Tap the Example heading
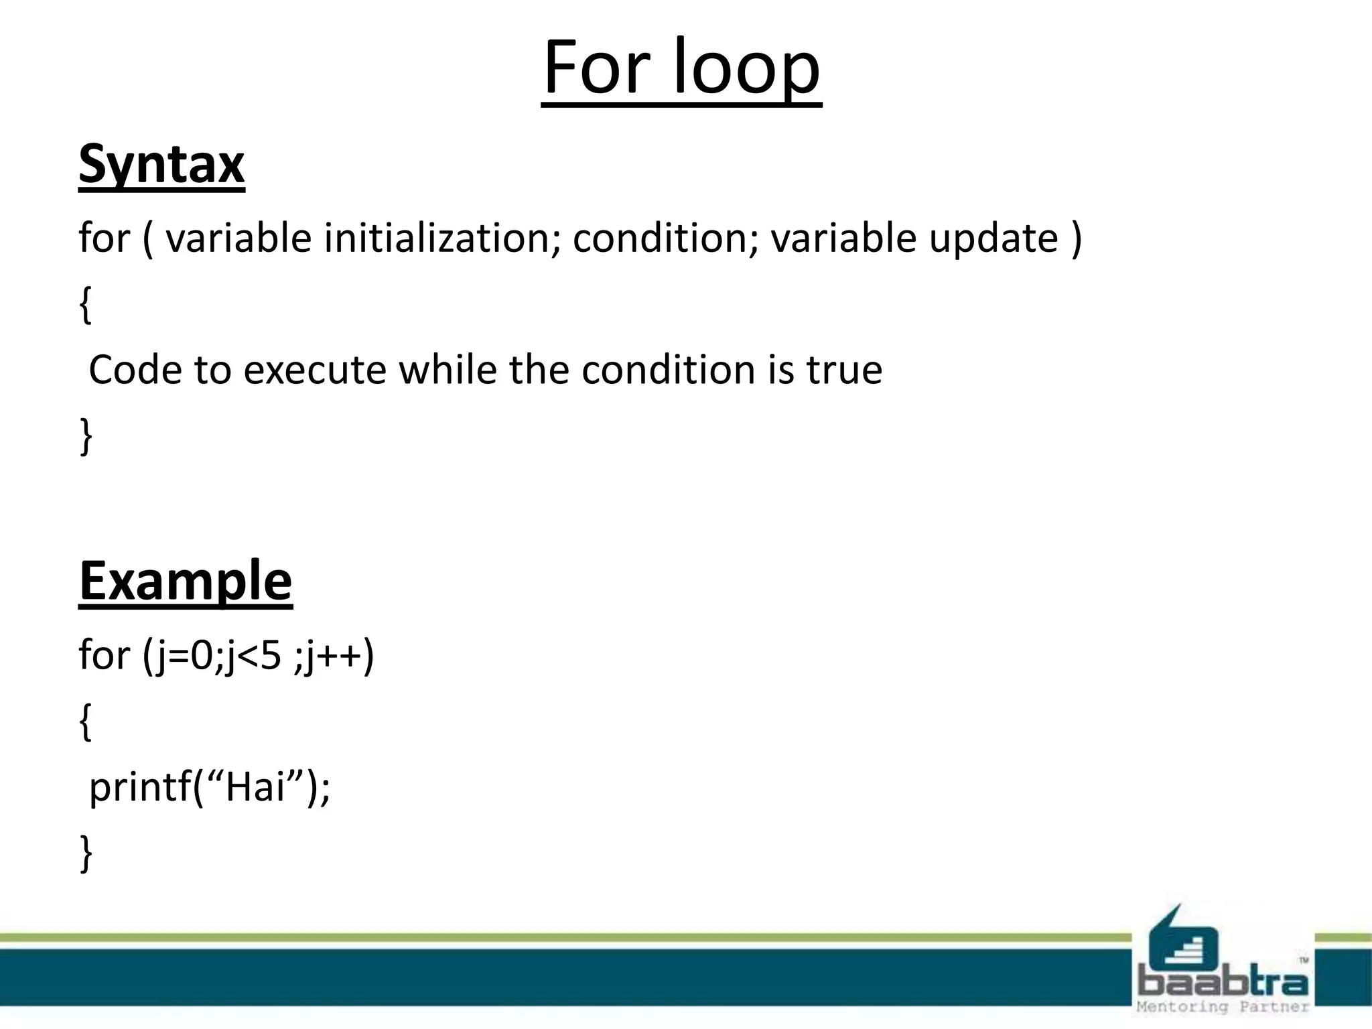coord(186,581)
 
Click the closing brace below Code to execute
coord(85,436)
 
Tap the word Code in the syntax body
coord(135,370)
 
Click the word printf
coord(140,787)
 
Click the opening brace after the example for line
coord(85,722)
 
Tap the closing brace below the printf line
coord(85,853)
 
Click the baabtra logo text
coord(1222,983)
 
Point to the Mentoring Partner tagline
coord(1222,1007)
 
